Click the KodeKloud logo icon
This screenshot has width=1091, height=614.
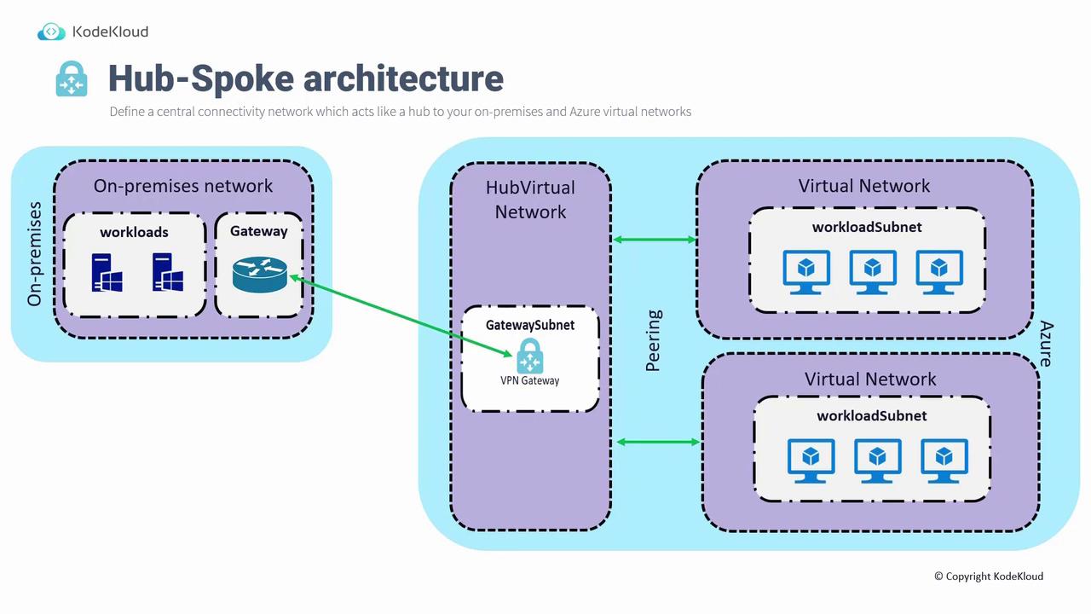click(51, 32)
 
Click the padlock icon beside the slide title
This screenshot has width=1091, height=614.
click(72, 78)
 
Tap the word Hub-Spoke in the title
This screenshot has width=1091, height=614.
click(201, 78)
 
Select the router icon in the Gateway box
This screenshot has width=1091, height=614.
click(259, 274)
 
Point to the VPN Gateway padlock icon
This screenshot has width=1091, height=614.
click(530, 356)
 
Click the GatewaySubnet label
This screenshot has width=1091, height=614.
click(530, 325)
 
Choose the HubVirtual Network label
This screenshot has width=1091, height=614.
click(530, 200)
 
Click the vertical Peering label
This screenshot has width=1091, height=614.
click(654, 341)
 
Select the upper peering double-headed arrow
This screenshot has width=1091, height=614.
click(655, 240)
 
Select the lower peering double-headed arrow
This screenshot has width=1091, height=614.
click(658, 442)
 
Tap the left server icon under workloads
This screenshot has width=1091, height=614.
click(107, 272)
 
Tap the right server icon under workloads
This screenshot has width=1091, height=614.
click(168, 272)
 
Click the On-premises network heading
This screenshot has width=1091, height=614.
click(183, 185)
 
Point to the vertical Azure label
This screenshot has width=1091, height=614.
click(1046, 344)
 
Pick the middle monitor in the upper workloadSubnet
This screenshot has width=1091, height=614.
click(873, 272)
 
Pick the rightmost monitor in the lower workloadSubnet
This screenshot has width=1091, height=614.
click(944, 461)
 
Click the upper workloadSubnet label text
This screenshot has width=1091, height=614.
click(867, 227)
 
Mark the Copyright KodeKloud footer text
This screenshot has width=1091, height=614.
click(988, 576)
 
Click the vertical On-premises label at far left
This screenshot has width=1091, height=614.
click(35, 254)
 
